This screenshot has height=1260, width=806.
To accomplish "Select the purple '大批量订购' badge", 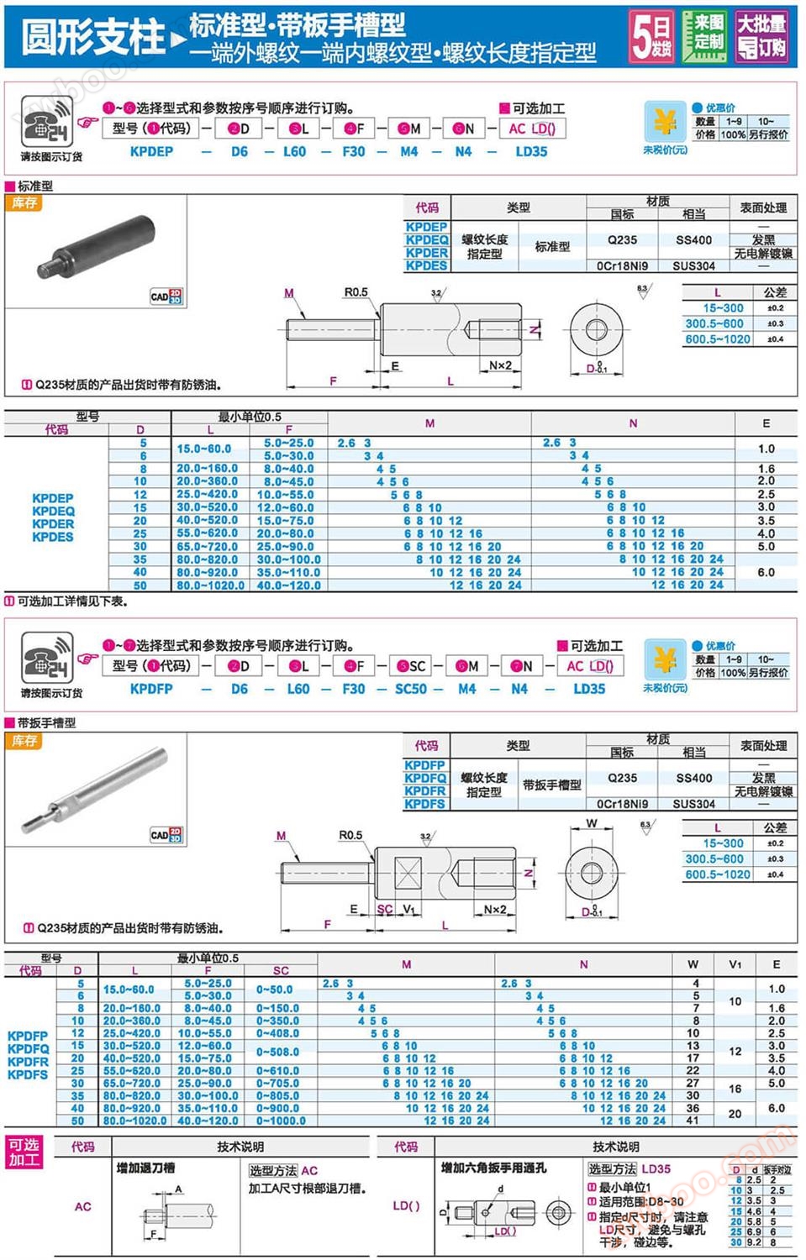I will [x=761, y=36].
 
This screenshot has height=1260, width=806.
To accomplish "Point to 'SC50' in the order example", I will [x=410, y=689].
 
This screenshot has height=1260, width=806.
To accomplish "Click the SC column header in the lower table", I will [x=281, y=970].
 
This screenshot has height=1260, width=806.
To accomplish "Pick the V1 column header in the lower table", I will [x=735, y=964].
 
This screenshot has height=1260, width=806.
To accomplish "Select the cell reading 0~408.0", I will [x=277, y=1033].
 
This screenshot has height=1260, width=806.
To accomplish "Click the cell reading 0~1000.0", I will [x=281, y=1121].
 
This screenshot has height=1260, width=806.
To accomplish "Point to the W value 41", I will [x=693, y=1121].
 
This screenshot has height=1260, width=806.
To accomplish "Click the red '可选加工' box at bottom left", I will [x=24, y=1152].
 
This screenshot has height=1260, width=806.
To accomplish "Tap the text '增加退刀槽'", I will [x=145, y=1168].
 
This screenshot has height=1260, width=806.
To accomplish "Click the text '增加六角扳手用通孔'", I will [x=493, y=1168].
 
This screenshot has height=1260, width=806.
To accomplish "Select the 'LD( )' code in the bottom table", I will [x=406, y=1205].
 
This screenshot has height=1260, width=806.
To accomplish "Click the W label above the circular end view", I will [x=592, y=824].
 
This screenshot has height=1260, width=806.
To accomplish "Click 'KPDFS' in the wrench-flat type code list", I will [x=424, y=804].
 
